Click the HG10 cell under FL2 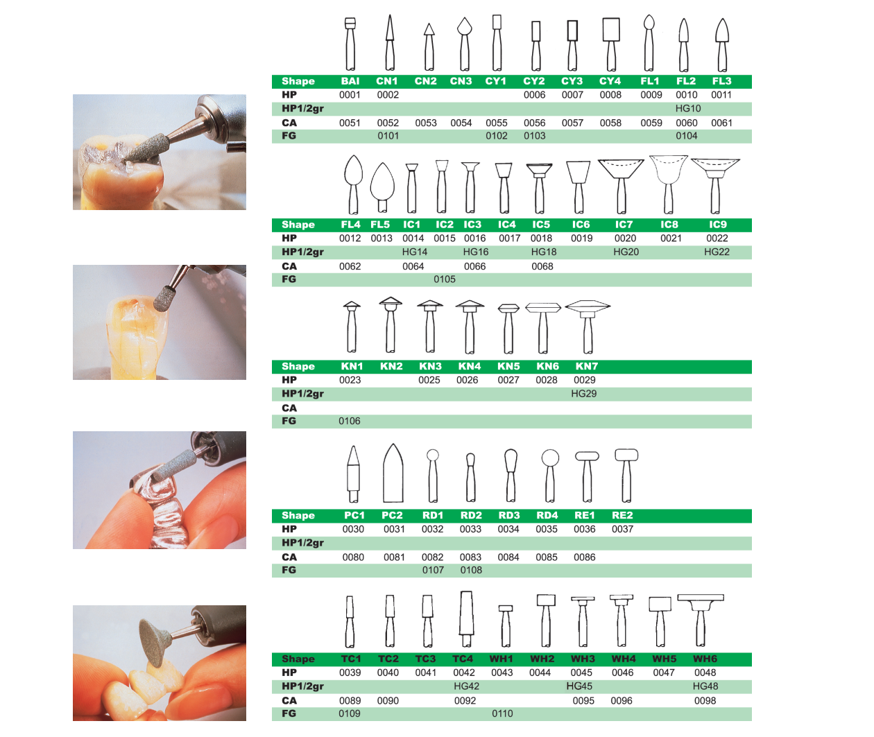click(x=687, y=108)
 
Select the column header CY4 click(x=610, y=81)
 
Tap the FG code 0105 click(x=445, y=279)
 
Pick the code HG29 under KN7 click(x=583, y=394)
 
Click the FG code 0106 click(x=350, y=421)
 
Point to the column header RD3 click(x=508, y=515)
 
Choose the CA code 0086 click(x=584, y=557)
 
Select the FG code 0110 click(x=502, y=713)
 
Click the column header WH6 click(x=705, y=659)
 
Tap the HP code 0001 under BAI click(x=350, y=95)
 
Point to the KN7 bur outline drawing click(x=588, y=327)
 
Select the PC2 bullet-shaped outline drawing click(x=393, y=473)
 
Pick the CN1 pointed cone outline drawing click(x=390, y=42)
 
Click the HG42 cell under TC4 click(x=466, y=686)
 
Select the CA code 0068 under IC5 click(x=542, y=267)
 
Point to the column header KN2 click(x=391, y=367)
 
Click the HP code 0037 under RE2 click(x=622, y=530)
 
